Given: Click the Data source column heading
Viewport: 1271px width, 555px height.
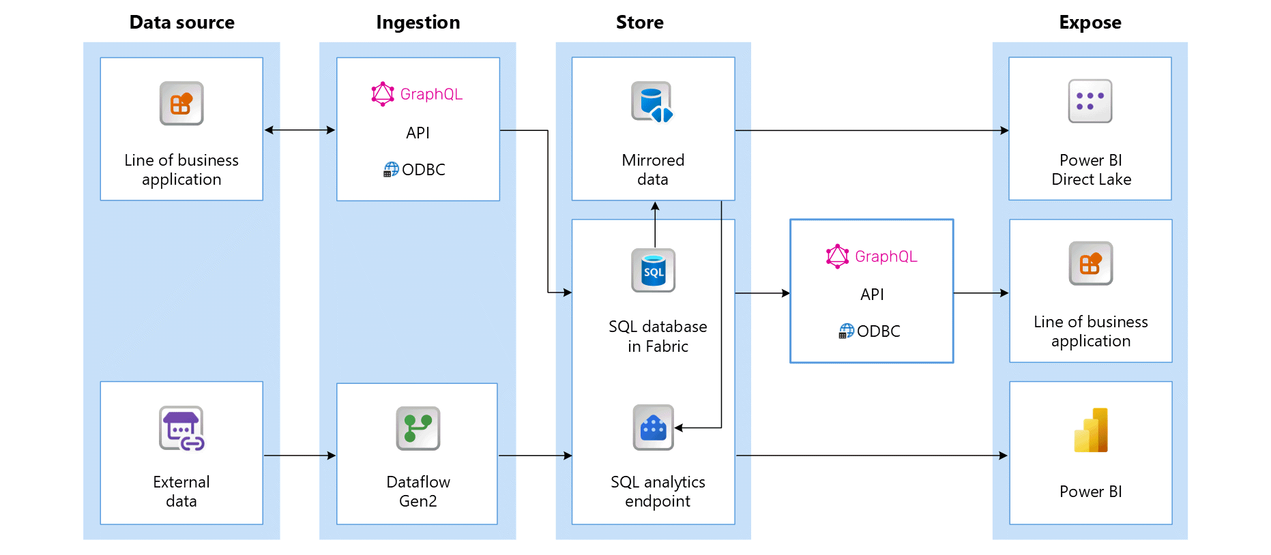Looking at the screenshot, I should coord(181,22).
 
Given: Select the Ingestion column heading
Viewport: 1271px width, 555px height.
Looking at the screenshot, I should coord(418,22).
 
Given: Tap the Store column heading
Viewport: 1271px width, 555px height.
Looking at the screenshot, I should coord(639,22).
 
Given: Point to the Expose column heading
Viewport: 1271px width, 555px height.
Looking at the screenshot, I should coord(1090,22).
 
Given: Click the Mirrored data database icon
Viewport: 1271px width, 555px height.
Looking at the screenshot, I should coord(652,102).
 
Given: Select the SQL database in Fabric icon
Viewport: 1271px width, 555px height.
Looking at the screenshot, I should coord(653,271).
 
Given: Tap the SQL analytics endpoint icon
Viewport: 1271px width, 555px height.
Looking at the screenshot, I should coord(653,427).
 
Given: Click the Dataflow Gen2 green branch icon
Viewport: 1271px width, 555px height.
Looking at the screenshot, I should coord(418,428).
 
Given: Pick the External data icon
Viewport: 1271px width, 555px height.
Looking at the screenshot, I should coord(181,428).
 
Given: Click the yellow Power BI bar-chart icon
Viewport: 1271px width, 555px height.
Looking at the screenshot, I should coord(1091,430).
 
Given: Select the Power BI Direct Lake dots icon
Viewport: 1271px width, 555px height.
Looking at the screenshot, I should coord(1090,101).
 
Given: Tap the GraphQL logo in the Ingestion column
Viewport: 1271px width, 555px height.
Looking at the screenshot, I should coord(383,94).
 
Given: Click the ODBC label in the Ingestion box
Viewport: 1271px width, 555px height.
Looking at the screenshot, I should coord(423,170).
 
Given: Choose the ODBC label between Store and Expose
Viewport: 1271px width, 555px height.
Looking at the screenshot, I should coord(878,331).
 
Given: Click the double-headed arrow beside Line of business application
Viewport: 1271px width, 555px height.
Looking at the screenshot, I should coord(300,130).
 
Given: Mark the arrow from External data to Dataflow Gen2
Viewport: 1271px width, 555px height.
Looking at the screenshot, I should coord(300,455).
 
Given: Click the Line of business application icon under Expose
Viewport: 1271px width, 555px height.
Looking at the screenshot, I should coord(1090,263).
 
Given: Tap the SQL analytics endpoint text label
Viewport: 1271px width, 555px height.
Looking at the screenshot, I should coord(658,492).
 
